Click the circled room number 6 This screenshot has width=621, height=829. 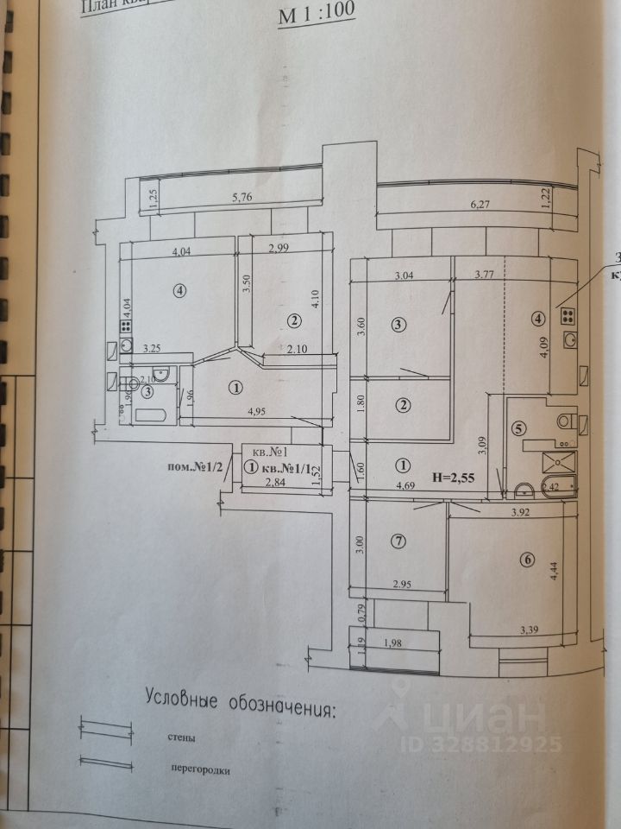coord(527,560)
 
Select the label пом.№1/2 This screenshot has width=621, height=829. coord(197,467)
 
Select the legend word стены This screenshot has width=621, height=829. coord(182,739)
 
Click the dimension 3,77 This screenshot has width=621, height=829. coord(484,276)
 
